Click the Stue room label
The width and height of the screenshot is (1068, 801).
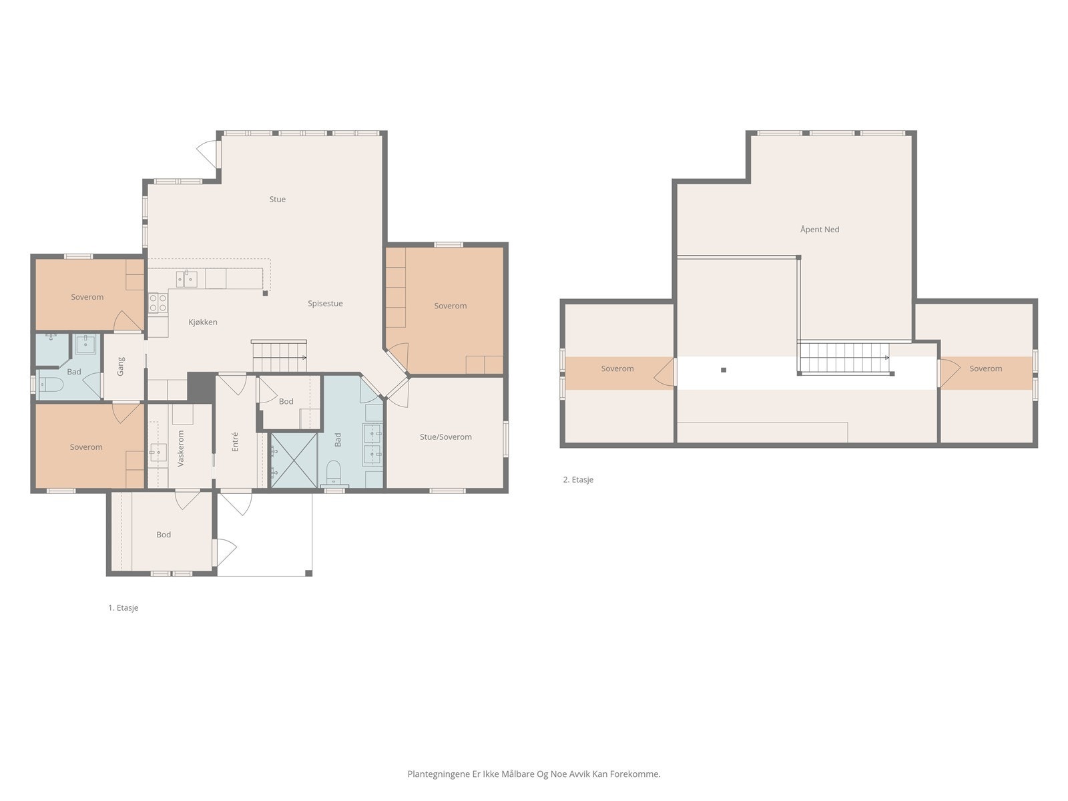pyautogui.click(x=277, y=199)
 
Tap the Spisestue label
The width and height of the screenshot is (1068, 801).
pyautogui.click(x=325, y=303)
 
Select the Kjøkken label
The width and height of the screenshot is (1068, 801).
pyautogui.click(x=203, y=322)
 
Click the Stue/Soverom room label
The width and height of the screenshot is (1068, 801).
pyautogui.click(x=445, y=437)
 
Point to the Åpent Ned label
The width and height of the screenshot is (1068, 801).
pyautogui.click(x=819, y=229)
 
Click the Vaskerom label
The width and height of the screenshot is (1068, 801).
pyautogui.click(x=181, y=447)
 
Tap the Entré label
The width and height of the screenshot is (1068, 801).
pyautogui.click(x=235, y=442)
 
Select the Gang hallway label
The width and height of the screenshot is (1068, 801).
pyautogui.click(x=121, y=366)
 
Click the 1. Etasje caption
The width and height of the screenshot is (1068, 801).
pyautogui.click(x=123, y=607)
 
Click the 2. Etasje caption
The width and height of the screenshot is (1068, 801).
pyautogui.click(x=577, y=479)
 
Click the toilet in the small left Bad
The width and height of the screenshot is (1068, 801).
pyautogui.click(x=51, y=384)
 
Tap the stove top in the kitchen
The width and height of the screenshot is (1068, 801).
pyautogui.click(x=158, y=303)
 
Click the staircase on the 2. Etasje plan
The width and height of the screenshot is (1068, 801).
pyautogui.click(x=844, y=358)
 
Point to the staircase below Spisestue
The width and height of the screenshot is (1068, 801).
pyautogui.click(x=279, y=356)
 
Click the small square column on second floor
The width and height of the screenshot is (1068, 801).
pyautogui.click(x=723, y=369)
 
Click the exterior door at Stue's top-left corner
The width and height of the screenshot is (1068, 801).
pyautogui.click(x=208, y=154)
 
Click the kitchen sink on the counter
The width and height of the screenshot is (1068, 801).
pyautogui.click(x=186, y=278)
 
